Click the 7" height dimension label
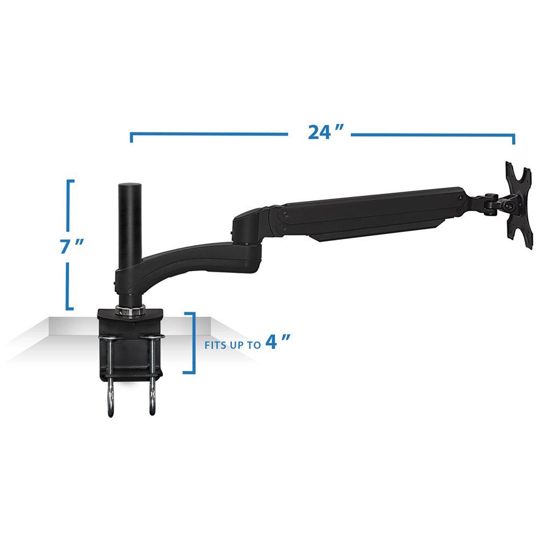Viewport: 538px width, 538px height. pos(72,247)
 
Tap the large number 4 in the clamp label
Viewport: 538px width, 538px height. pos(274,342)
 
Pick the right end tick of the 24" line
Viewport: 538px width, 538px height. pos(514,139)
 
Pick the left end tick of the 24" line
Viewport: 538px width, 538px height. pos(132,138)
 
